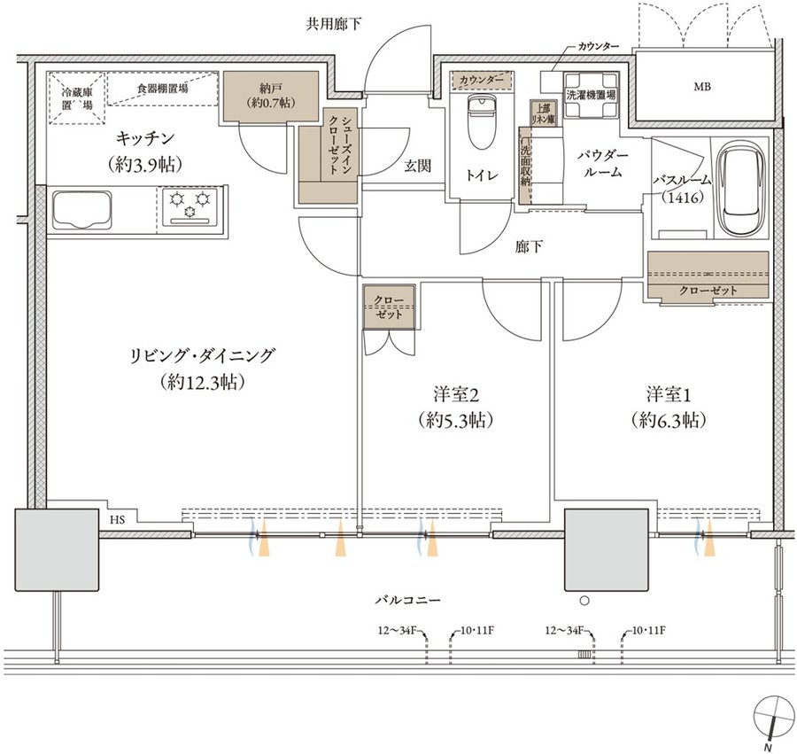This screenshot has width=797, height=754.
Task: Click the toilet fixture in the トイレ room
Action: click(480, 122)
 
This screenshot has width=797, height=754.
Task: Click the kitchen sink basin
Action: click(81, 208)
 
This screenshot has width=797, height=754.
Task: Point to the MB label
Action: click(702, 87)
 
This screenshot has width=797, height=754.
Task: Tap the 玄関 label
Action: click(418, 165)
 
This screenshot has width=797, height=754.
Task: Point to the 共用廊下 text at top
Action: click(334, 24)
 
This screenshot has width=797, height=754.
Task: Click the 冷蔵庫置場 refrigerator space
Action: click(77, 98)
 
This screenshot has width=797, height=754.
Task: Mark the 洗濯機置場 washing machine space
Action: click(592, 95)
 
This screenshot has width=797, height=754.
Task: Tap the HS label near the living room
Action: click(117, 519)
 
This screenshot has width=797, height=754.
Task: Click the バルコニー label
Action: click(407, 600)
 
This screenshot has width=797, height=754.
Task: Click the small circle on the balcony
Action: click(584, 601)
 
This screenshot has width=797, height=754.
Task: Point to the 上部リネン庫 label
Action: click(543, 113)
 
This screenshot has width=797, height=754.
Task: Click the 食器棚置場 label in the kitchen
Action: click(162, 89)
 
